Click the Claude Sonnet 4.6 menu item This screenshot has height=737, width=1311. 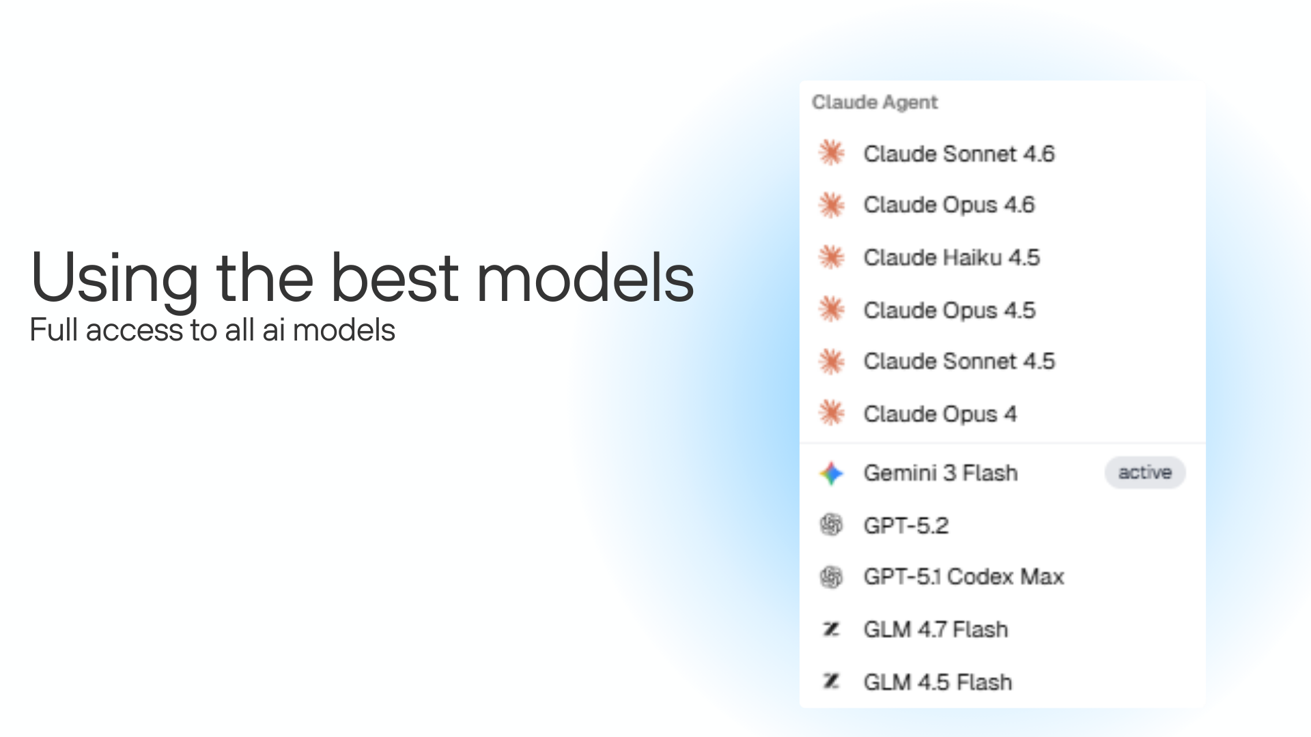point(959,154)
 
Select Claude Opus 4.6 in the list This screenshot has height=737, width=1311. point(949,205)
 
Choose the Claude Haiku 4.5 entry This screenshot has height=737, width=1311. point(951,257)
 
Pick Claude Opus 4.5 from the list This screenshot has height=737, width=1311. point(949,310)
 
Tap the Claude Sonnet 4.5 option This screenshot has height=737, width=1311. point(959,361)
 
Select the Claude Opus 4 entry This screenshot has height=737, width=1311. point(940,414)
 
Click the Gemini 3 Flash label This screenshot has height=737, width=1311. point(940,473)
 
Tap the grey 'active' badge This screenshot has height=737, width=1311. point(1144,472)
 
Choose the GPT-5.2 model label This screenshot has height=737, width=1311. point(905,525)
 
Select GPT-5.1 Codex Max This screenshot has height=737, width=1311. point(963,577)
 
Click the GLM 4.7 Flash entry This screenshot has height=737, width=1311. point(935,629)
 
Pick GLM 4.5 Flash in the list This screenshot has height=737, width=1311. point(938,682)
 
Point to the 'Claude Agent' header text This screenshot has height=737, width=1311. point(875,102)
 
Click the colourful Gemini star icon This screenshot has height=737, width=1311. point(832,473)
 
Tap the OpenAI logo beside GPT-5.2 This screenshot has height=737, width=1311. point(831,525)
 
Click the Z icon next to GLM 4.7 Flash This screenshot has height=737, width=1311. point(831,628)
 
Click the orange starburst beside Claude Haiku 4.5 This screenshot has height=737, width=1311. point(832,257)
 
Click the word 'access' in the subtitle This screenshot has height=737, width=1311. point(134,330)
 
